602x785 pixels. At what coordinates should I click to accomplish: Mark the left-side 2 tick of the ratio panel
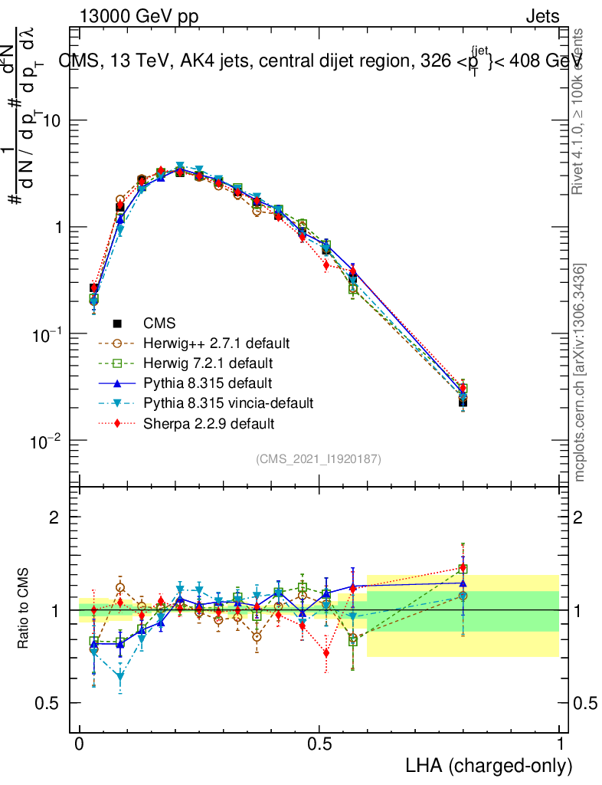pos(54,517)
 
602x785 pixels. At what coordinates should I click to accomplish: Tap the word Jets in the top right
pos(541,17)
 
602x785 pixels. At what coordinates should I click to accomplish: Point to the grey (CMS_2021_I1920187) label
pos(319,458)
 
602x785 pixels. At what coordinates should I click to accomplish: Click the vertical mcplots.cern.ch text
pos(580,373)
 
